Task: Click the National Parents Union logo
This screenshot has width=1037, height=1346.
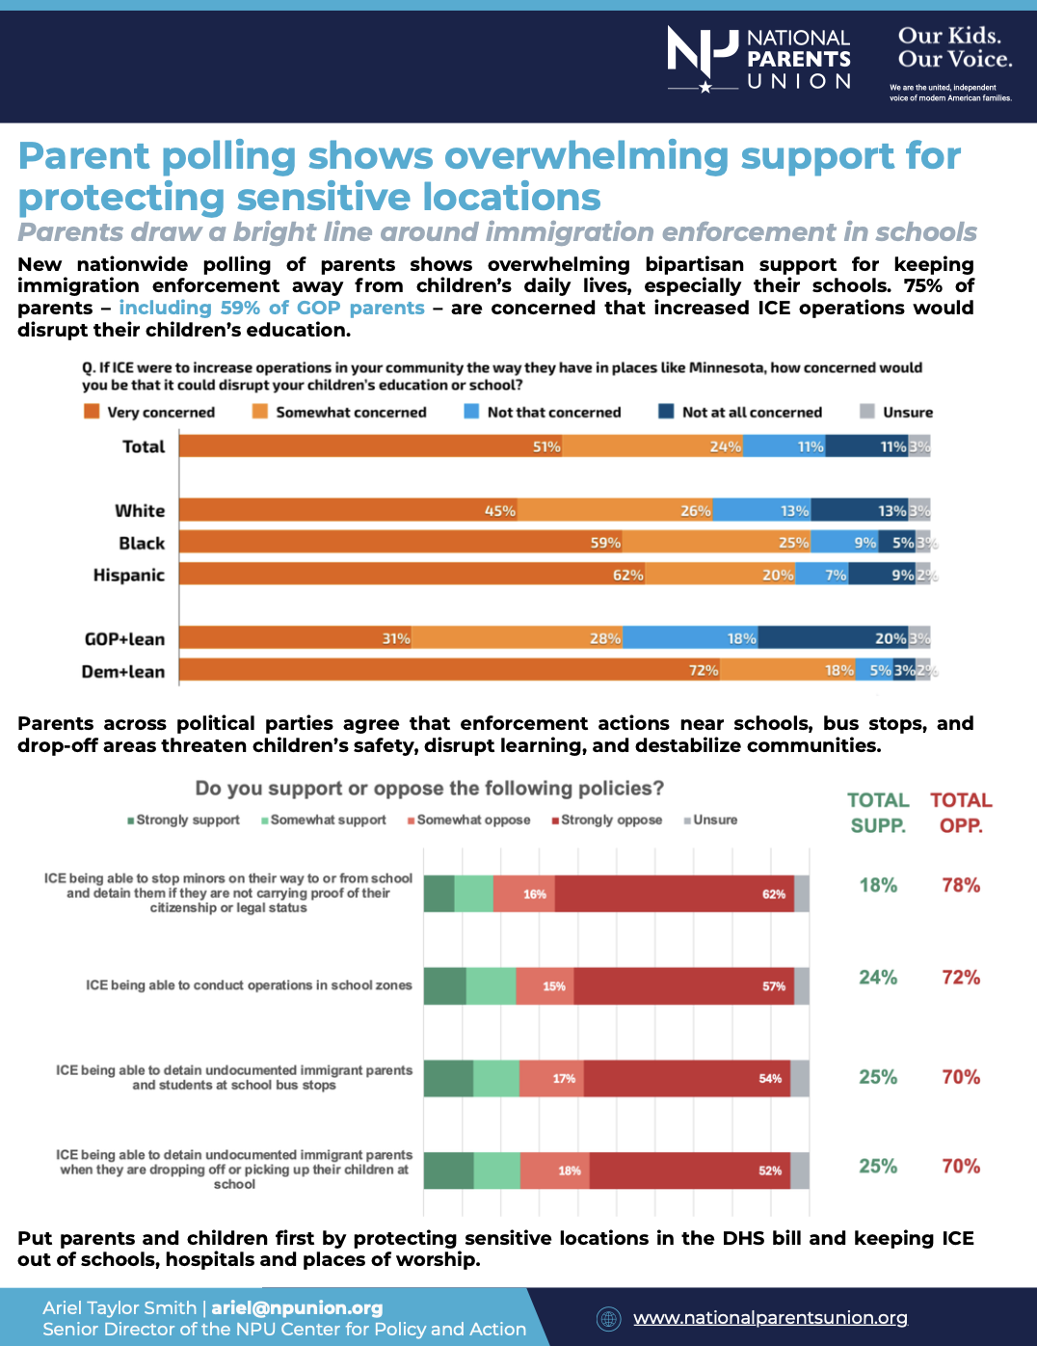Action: click(x=759, y=59)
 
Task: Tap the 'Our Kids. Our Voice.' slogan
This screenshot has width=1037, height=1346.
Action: click(x=954, y=48)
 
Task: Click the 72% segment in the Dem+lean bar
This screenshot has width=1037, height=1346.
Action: click(x=450, y=670)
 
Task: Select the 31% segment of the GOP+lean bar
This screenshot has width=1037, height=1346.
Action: click(x=296, y=638)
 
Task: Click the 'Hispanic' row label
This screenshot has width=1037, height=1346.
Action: click(x=129, y=575)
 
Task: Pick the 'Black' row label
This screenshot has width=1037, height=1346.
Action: click(x=142, y=543)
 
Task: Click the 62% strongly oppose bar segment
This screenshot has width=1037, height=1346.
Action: click(x=674, y=894)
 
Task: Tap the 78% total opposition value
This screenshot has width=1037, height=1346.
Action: click(x=960, y=885)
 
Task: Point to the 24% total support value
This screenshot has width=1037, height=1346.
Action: click(x=878, y=978)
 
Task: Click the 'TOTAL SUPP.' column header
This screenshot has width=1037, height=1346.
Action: click(x=878, y=812)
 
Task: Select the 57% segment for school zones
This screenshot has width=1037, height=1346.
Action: click(x=683, y=986)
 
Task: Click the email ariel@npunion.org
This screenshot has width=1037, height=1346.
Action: click(x=297, y=1307)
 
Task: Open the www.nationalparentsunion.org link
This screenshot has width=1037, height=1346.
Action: click(x=770, y=1317)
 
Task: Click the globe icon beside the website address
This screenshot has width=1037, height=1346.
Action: click(x=608, y=1318)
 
